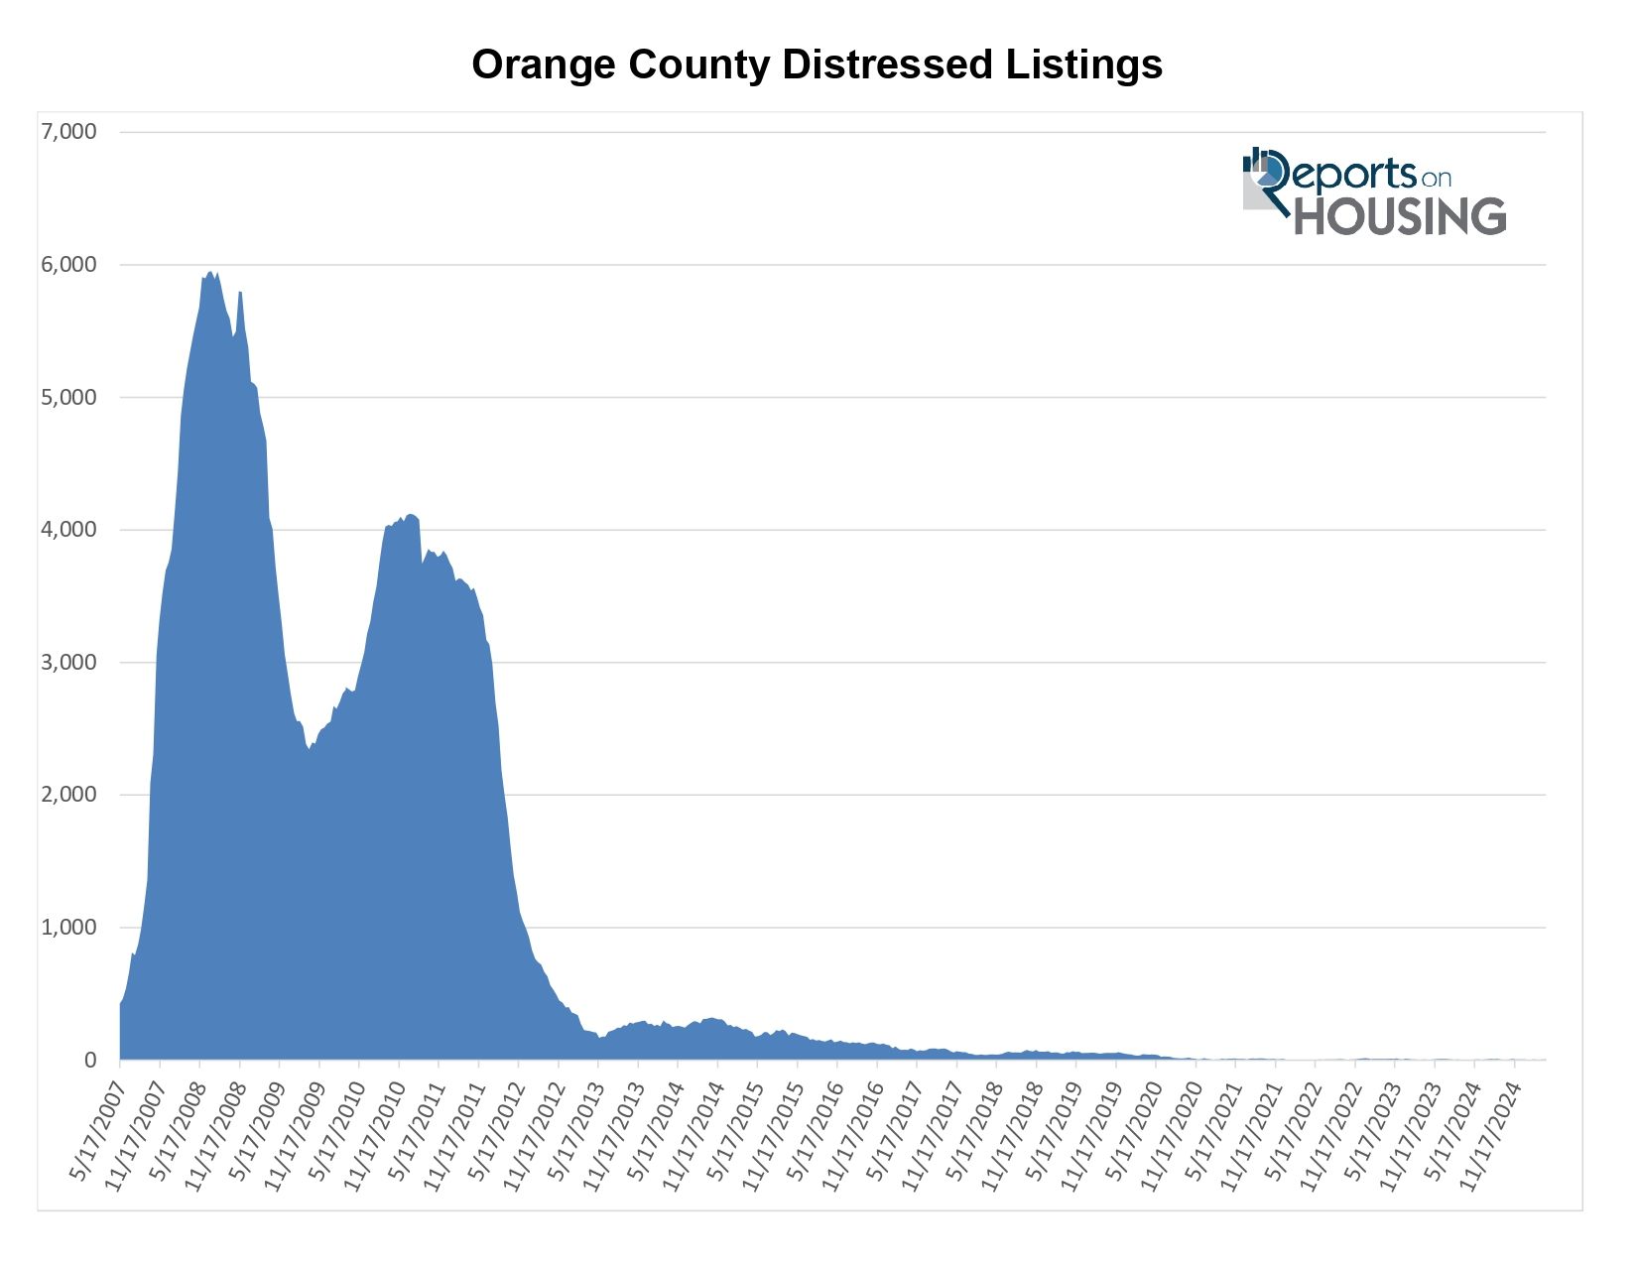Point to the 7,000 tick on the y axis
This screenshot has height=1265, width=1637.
point(68,132)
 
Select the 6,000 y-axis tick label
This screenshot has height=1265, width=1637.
point(68,265)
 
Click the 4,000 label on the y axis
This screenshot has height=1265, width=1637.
point(68,530)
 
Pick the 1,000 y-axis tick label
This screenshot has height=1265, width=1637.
point(68,928)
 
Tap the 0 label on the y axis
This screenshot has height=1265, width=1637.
point(90,1061)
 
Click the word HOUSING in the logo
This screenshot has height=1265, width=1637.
point(1400,216)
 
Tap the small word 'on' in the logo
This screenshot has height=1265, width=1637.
point(1436,179)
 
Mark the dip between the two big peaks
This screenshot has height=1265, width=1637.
point(310,749)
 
